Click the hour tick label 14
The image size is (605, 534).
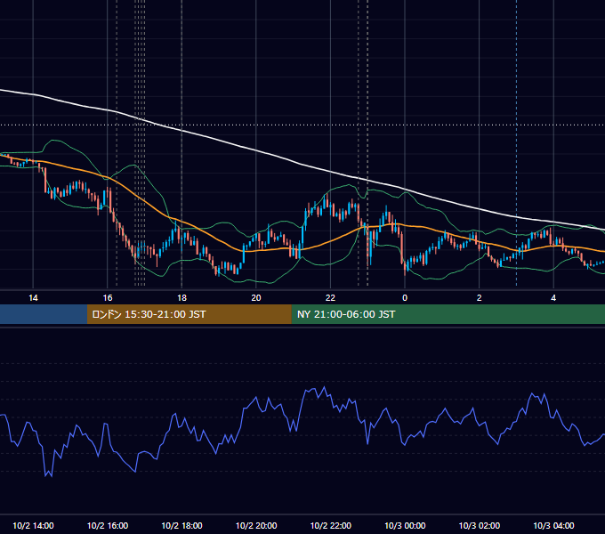pyautogui.click(x=33, y=298)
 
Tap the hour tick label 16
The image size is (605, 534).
pyautogui.click(x=108, y=298)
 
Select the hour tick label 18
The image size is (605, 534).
pyautogui.click(x=181, y=298)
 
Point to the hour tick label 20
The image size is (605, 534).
pyautogui.click(x=256, y=298)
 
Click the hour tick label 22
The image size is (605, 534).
pyautogui.click(x=331, y=298)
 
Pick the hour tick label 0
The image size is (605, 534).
pyautogui.click(x=405, y=298)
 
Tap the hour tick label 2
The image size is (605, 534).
pyautogui.click(x=480, y=298)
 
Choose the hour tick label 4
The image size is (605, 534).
pyautogui.click(x=553, y=298)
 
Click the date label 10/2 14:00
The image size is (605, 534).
pyautogui.click(x=33, y=525)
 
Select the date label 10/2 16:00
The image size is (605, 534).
pyautogui.click(x=108, y=525)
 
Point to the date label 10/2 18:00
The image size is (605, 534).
pyautogui.click(x=181, y=525)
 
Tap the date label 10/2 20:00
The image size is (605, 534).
pyautogui.click(x=256, y=525)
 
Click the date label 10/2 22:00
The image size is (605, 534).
pyautogui.click(x=331, y=525)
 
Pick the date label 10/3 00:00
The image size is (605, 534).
pyautogui.click(x=405, y=525)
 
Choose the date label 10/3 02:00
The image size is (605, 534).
pyautogui.click(x=480, y=525)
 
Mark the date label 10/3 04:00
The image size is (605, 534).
pyautogui.click(x=553, y=525)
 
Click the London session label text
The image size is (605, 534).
pyautogui.click(x=149, y=314)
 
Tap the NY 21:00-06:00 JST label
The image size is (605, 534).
pyautogui.click(x=346, y=314)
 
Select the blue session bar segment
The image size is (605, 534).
pyautogui.click(x=44, y=314)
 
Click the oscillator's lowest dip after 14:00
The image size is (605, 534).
pyautogui.click(x=52, y=477)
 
